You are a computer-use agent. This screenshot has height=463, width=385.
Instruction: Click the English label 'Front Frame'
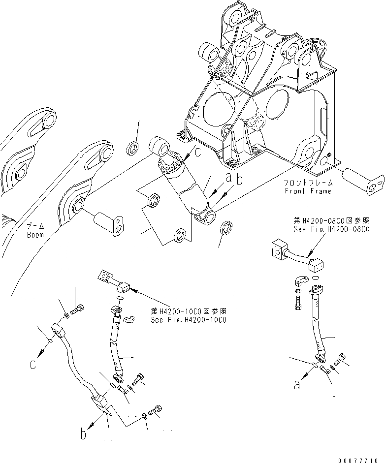(308, 191)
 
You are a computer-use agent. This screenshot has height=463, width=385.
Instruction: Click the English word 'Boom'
(35, 235)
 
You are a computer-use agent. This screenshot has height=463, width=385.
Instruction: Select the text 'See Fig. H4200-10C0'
(188, 320)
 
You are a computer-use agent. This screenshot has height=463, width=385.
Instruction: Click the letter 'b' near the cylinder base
(240, 181)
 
